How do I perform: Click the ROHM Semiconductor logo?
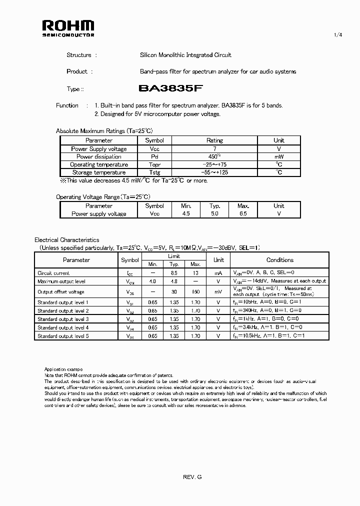pyautogui.click(x=67, y=28)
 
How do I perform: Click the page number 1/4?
pyautogui.click(x=337, y=34)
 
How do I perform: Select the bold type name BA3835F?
pyautogui.click(x=170, y=88)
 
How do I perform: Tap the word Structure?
pyautogui.click(x=79, y=55)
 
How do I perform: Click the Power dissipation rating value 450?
pyautogui.click(x=214, y=156)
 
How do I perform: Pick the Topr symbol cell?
pyautogui.click(x=154, y=164)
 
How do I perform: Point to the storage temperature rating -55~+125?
pyautogui.click(x=214, y=172)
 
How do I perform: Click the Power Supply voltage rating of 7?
pyautogui.click(x=214, y=149)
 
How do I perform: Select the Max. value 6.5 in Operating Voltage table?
pyautogui.click(x=243, y=214)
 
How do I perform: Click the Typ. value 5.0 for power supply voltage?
pyautogui.click(x=214, y=214)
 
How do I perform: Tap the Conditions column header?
pyautogui.click(x=280, y=260)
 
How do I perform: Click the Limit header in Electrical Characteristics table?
pyautogui.click(x=174, y=256)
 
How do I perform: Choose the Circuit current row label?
pyautogui.click(x=53, y=273)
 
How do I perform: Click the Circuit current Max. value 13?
pyautogui.click(x=195, y=273)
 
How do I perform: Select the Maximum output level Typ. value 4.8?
pyautogui.click(x=174, y=281)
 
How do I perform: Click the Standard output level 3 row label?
pyautogui.click(x=63, y=319)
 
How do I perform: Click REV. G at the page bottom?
pyautogui.click(x=192, y=477)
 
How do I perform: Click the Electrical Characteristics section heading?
pyautogui.click(x=66, y=240)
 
